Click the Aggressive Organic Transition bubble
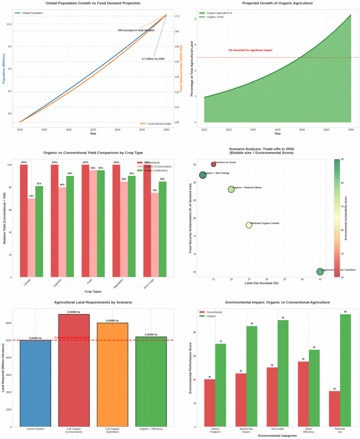pos(320,272)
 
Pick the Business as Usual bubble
pos(214,165)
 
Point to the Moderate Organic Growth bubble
pos(249,225)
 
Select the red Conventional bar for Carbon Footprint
pos(210,403)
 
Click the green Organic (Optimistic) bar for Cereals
pos(39,232)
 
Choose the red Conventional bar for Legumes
pos(54,221)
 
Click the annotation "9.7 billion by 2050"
pos(153,59)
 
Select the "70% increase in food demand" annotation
pos(136,30)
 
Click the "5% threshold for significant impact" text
pos(250,50)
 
